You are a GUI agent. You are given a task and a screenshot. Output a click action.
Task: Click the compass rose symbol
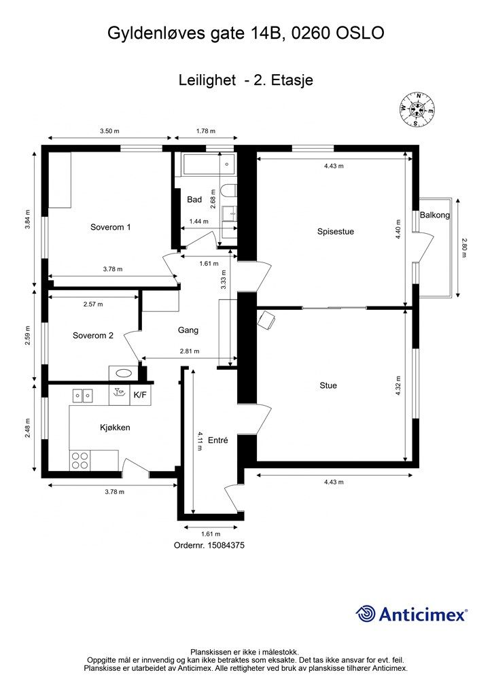click(x=417, y=109)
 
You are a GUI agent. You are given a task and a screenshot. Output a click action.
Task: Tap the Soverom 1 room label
click(x=111, y=227)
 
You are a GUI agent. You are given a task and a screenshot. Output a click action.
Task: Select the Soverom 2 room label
click(x=92, y=336)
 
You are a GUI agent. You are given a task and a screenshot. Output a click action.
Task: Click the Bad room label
click(x=194, y=200)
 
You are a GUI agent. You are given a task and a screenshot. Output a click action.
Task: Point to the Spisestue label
click(x=336, y=232)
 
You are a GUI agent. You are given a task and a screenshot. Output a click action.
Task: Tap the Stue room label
click(x=328, y=385)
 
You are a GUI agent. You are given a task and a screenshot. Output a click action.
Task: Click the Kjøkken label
click(x=115, y=428)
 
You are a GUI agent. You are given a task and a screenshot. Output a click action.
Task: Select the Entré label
click(x=218, y=440)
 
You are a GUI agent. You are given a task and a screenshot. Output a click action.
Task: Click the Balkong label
click(x=435, y=215)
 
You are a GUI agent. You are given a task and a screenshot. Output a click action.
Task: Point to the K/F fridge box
click(x=140, y=395)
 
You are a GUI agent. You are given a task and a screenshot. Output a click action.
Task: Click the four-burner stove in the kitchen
click(x=80, y=460)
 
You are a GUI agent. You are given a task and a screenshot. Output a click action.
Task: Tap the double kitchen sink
click(x=83, y=395)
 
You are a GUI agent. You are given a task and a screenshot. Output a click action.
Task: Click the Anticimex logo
click(x=411, y=614)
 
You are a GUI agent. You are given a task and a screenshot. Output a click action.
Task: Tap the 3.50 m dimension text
click(x=109, y=131)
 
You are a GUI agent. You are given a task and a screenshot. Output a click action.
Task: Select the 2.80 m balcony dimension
click(x=465, y=248)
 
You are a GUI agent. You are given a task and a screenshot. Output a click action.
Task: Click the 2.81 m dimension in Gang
click(x=190, y=351)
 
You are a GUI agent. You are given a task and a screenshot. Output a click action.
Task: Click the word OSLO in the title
click(x=360, y=33)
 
